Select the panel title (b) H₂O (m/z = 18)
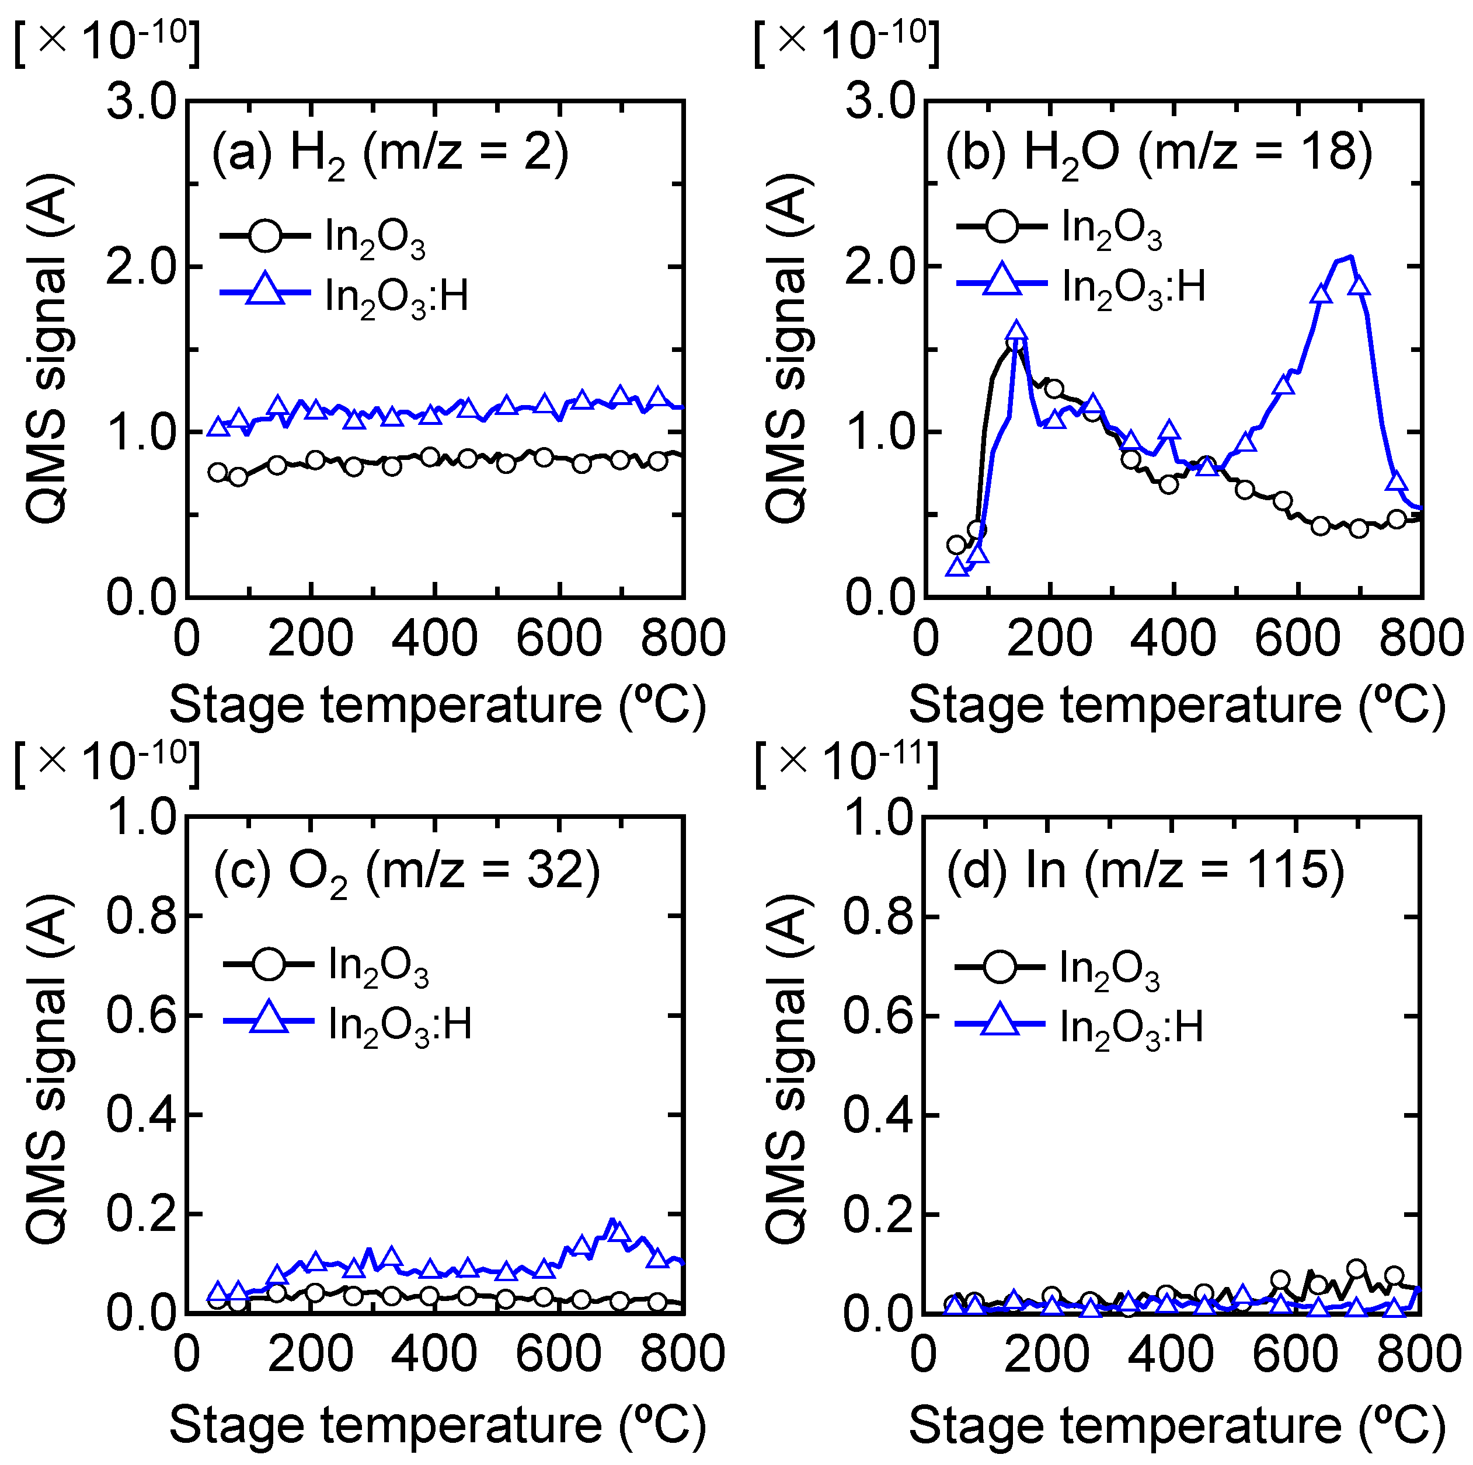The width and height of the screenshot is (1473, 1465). click(x=1159, y=152)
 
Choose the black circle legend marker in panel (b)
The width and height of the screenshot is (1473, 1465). click(x=1002, y=226)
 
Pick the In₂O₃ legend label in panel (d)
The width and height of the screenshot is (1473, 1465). click(x=1109, y=970)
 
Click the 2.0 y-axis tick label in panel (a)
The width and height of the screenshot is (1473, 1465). click(x=141, y=267)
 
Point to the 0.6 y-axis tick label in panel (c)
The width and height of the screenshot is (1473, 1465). click(x=141, y=1016)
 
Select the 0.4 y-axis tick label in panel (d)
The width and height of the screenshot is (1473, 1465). click(x=878, y=1114)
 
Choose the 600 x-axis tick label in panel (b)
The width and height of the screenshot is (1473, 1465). click(x=1298, y=639)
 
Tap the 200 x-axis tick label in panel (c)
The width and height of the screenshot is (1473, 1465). click(x=311, y=1355)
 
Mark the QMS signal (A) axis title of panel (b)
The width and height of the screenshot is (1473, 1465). click(x=787, y=348)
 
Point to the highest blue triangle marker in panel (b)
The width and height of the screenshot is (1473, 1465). click(x=1359, y=285)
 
